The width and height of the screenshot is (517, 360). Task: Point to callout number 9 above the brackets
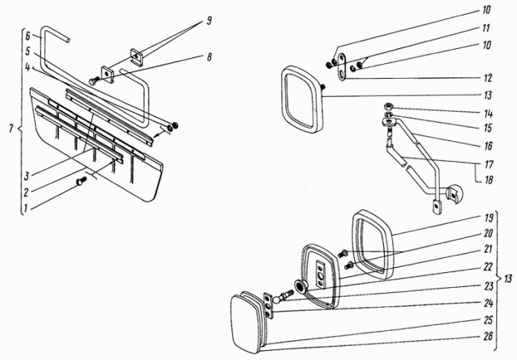208,22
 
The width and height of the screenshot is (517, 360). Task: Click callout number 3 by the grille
27,177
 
